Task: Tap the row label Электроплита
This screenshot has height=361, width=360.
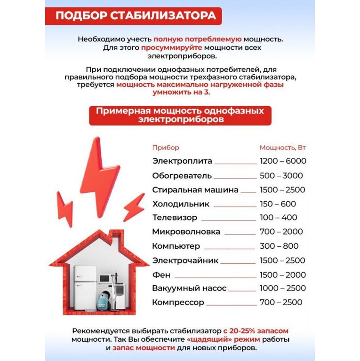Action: click(182, 161)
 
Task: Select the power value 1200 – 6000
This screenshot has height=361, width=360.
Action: click(283, 161)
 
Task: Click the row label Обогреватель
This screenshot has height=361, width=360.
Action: click(182, 176)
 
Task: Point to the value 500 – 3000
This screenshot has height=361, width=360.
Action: click(281, 176)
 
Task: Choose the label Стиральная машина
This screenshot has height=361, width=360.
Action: click(195, 190)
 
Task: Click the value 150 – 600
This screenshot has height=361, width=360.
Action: click(278, 204)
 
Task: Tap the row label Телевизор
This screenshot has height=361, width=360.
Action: click(175, 218)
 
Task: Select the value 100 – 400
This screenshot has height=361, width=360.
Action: click(278, 218)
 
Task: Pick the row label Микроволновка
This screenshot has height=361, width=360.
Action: click(186, 232)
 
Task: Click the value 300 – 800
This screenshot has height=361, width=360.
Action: click(279, 246)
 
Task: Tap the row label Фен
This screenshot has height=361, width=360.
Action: click(161, 275)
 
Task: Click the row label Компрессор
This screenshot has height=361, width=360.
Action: click(178, 302)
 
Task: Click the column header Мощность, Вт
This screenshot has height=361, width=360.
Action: click(282, 148)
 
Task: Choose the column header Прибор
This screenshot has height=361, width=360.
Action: click(166, 148)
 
